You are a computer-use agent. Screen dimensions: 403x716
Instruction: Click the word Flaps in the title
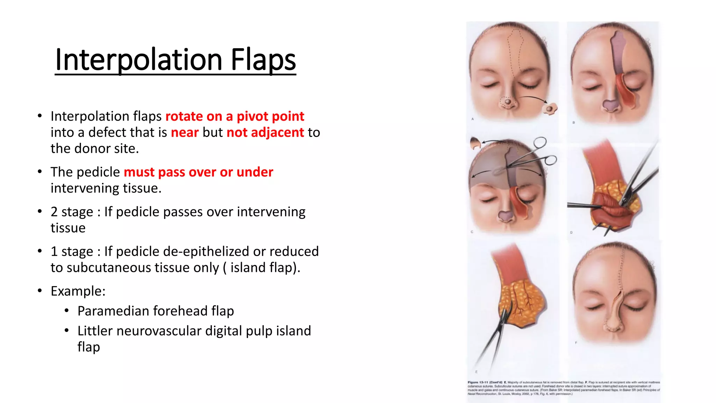[x=263, y=59]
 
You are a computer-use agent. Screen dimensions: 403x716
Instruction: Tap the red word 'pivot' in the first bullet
[x=252, y=116]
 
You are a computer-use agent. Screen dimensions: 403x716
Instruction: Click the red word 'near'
[x=185, y=133]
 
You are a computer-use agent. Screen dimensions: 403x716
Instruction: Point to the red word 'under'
[x=255, y=172]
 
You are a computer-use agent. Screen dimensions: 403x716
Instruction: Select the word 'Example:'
[x=78, y=291]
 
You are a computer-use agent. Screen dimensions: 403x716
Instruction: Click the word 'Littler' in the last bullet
[x=95, y=331]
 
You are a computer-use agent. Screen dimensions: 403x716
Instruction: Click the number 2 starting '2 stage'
[x=54, y=212]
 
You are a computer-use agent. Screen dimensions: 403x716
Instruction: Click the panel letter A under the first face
[x=472, y=119]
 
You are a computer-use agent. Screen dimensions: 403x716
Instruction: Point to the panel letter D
[x=571, y=232]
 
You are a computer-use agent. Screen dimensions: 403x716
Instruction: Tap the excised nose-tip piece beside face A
[x=549, y=109]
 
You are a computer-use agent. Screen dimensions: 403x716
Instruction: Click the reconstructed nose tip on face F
[x=613, y=324]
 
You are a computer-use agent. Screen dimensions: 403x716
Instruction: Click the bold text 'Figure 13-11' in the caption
[x=477, y=382]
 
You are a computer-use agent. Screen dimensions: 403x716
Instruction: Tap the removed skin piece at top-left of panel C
[x=475, y=143]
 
